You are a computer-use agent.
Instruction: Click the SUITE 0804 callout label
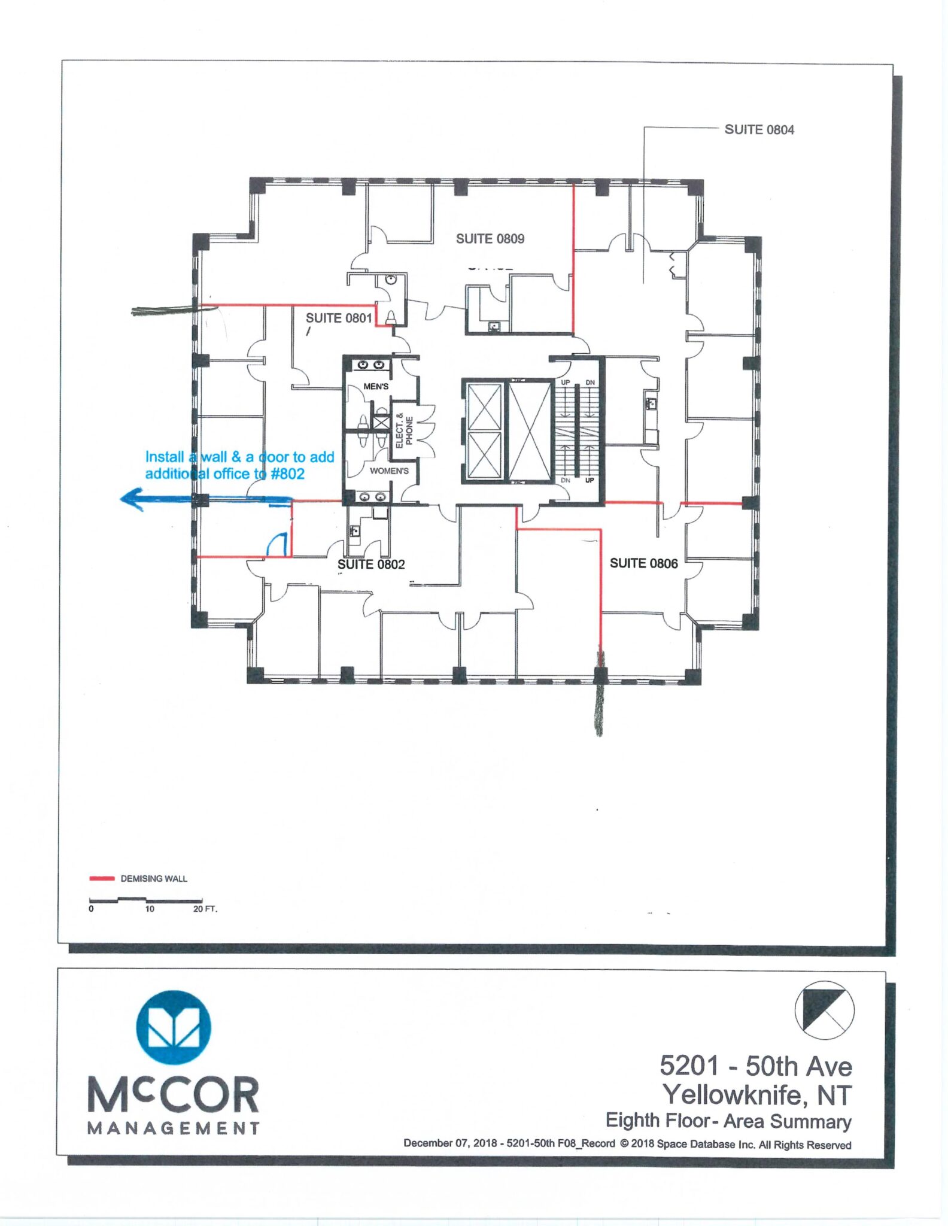click(759, 130)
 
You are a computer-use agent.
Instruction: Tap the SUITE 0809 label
click(490, 239)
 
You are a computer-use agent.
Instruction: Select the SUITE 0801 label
click(339, 318)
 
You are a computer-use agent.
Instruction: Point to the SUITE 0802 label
click(371, 564)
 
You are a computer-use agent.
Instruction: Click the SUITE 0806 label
click(643, 563)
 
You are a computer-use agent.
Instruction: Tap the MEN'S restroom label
click(376, 387)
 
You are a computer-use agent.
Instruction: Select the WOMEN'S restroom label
click(389, 471)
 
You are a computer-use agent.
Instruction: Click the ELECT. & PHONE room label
click(404, 430)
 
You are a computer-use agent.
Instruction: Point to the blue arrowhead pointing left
click(132, 499)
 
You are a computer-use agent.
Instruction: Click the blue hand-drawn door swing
click(277, 544)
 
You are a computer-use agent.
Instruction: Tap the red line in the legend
click(102, 879)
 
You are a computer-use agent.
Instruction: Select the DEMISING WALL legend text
click(154, 879)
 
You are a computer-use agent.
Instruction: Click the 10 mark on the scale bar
click(150, 909)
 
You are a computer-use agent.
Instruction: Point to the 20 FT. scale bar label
click(205, 909)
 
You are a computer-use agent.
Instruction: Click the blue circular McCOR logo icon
click(174, 1028)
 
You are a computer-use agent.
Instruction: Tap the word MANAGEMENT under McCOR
click(174, 1128)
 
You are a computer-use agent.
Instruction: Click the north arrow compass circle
click(824, 1010)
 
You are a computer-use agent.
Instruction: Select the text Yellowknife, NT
click(757, 1095)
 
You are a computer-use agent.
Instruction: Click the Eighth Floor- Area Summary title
click(728, 1121)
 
